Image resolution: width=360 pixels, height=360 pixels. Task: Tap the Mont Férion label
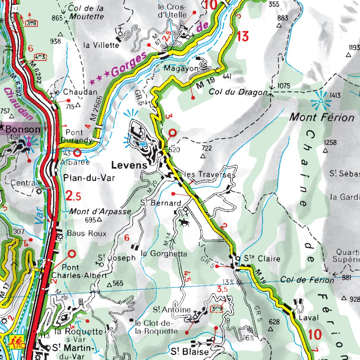point(321,117)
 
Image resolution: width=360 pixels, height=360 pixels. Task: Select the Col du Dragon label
point(238,92)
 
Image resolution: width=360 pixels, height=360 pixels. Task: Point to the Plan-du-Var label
point(89,178)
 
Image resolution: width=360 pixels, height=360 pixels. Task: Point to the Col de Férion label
point(307,280)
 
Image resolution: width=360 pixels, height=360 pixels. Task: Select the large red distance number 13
point(243,36)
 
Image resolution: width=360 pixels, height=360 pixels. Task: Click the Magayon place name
point(181,69)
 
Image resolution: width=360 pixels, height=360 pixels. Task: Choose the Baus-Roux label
point(86,233)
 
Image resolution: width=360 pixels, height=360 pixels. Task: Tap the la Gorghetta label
point(163,253)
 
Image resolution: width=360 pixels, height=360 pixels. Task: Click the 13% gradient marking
point(228,282)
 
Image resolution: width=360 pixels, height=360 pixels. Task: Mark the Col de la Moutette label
point(86,12)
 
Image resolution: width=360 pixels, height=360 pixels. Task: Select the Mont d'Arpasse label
point(100,212)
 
